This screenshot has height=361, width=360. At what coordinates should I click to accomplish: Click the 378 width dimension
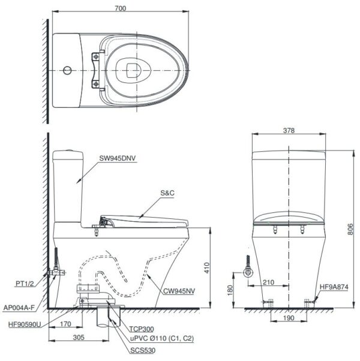[x=288, y=130]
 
